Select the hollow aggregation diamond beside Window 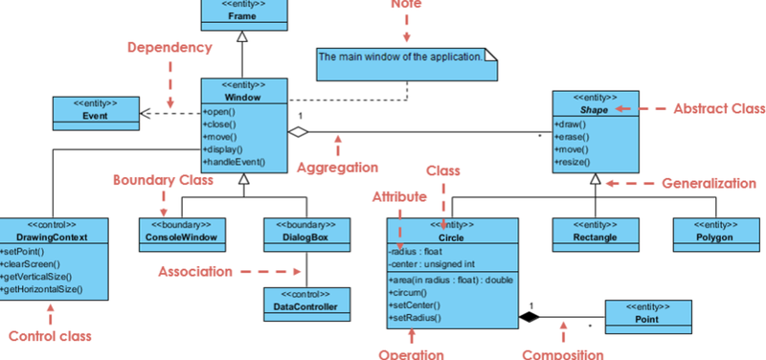point(299,132)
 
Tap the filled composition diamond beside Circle point(527,314)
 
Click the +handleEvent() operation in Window point(234,163)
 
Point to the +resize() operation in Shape point(573,163)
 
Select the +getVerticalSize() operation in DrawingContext point(45,275)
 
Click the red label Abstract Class point(719,109)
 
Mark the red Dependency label point(169,47)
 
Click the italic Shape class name point(595,109)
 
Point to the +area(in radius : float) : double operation point(451,278)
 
